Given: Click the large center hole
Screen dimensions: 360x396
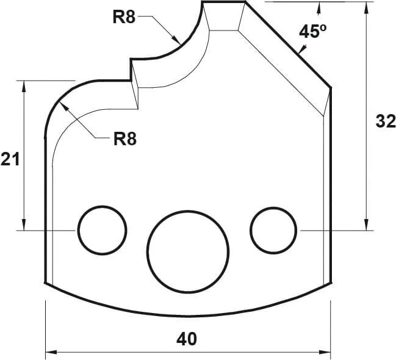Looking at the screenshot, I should [188, 251].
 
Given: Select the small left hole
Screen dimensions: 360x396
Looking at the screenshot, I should [102, 229].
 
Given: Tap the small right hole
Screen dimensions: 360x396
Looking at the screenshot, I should [273, 230].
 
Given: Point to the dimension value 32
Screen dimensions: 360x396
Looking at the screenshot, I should [384, 121].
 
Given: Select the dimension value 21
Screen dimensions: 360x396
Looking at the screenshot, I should [10, 160].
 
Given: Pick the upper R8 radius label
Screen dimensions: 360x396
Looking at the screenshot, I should [124, 16].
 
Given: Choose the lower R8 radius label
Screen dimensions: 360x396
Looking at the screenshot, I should [124, 139].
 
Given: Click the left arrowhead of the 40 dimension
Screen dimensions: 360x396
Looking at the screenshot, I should [50, 352].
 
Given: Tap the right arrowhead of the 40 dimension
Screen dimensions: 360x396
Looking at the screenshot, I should [326, 352].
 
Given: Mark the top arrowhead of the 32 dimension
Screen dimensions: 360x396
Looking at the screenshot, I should [366, 6].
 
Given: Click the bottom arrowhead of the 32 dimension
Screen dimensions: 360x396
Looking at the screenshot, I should [366, 226].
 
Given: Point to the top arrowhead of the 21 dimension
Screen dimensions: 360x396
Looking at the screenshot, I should [24, 85].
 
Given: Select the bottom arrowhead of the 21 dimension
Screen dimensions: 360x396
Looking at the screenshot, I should [24, 226].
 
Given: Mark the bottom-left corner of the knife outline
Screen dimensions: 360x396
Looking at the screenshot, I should [46, 283].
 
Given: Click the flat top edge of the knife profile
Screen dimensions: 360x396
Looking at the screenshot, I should [223, 2].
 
